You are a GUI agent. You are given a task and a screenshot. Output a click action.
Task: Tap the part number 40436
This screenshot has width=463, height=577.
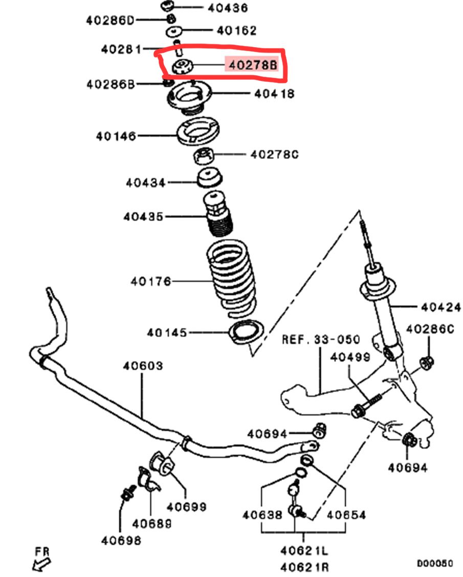tap(228, 8)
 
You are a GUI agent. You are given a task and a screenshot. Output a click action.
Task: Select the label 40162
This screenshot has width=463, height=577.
tap(236, 31)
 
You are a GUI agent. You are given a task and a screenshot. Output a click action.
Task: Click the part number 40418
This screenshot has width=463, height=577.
tap(274, 94)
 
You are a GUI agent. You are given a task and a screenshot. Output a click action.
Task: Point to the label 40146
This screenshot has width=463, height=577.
tap(116, 136)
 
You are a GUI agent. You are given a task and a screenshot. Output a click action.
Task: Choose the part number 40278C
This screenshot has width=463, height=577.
tap(274, 154)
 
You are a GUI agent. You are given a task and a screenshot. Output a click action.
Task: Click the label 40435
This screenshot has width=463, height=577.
tap(143, 217)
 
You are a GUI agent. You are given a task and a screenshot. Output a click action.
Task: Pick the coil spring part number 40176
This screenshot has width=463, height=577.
tap(150, 281)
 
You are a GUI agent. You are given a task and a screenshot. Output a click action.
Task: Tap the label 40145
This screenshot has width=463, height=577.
tap(167, 332)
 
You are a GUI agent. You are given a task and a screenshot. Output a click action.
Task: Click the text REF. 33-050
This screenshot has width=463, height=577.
tap(321, 340)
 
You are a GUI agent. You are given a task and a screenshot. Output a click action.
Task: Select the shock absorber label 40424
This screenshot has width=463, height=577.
tap(441, 307)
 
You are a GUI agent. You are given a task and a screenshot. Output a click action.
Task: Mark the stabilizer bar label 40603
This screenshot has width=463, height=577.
tap(143, 366)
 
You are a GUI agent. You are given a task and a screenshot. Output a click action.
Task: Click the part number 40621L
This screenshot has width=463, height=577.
tap(304, 550)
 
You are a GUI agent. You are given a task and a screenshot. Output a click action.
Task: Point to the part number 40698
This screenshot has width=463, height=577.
tap(121, 540)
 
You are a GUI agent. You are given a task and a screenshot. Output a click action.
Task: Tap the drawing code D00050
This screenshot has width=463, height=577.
tap(434, 563)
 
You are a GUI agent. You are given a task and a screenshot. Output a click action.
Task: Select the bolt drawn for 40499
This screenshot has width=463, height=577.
tap(367, 404)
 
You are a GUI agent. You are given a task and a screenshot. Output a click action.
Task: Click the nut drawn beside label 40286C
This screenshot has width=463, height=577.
tap(426, 362)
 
